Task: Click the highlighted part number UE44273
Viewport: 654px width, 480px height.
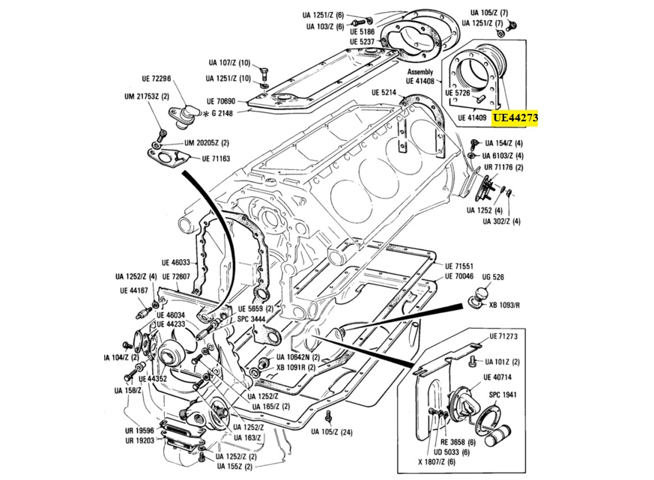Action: pyautogui.click(x=515, y=118)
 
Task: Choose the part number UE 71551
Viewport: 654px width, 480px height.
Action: pyautogui.click(x=459, y=266)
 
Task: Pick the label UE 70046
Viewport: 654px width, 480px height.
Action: pyautogui.click(x=459, y=276)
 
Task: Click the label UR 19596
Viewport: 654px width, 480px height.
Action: pyautogui.click(x=139, y=431)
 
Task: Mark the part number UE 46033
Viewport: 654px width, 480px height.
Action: pyautogui.click(x=176, y=263)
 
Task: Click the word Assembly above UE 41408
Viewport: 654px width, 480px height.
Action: pyautogui.click(x=421, y=72)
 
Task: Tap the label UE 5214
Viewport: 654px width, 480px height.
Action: pyautogui.click(x=384, y=92)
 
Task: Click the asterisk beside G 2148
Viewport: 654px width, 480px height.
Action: pyautogui.click(x=205, y=113)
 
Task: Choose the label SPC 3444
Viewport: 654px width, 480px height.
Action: pyautogui.click(x=252, y=319)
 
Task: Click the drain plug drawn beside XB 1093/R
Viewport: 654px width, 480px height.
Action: pyautogui.click(x=474, y=303)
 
